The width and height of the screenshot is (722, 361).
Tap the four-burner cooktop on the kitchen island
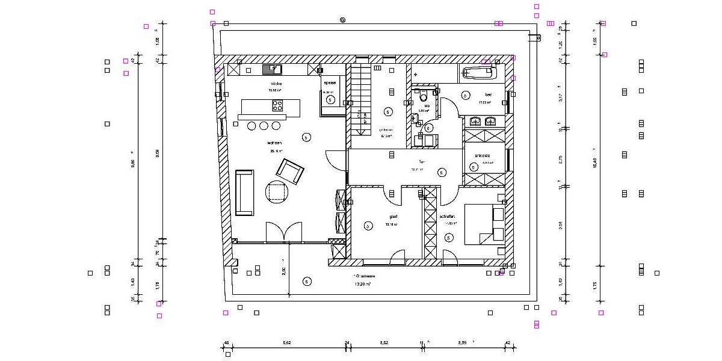[x=277, y=106]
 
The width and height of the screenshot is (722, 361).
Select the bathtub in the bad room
[x=479, y=74]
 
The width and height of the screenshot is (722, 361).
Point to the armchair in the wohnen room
[x=290, y=171]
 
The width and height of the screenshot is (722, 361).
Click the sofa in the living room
[x=244, y=193]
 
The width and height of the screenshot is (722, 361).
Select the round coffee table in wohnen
[x=277, y=192]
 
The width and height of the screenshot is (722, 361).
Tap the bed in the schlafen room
[x=484, y=223]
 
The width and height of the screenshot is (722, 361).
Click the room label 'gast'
[x=393, y=216]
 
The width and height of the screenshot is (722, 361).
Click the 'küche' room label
[x=276, y=84]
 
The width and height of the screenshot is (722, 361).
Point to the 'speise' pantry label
[x=330, y=84]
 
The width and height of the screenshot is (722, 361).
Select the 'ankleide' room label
[x=483, y=156]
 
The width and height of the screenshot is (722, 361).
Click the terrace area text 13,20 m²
[x=363, y=283]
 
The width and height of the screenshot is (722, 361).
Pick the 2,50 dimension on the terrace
[x=283, y=270]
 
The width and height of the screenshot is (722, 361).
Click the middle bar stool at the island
[x=264, y=126]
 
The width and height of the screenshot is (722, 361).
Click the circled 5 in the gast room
[x=368, y=226]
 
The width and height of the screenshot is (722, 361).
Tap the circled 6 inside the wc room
[x=428, y=128]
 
